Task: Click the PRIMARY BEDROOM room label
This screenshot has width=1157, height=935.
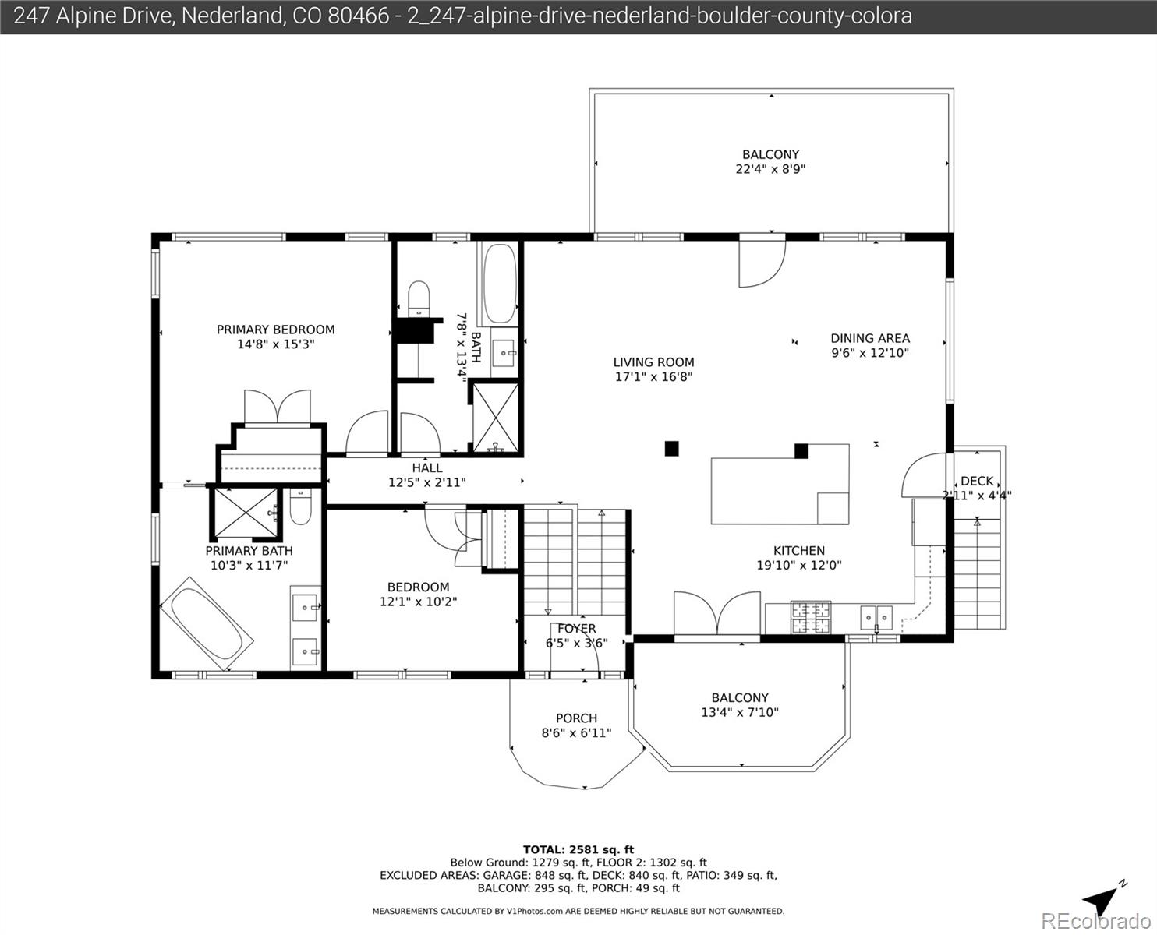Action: (x=275, y=330)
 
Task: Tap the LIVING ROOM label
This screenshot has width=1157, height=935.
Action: (x=653, y=362)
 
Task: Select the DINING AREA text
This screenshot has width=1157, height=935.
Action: (x=869, y=338)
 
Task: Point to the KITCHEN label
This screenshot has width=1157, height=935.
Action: (x=798, y=551)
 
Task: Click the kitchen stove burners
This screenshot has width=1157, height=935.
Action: (x=811, y=618)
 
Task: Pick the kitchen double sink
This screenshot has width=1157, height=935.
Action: (x=876, y=618)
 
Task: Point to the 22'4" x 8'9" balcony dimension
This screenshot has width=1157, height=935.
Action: (x=770, y=168)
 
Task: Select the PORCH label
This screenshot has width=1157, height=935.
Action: (x=576, y=718)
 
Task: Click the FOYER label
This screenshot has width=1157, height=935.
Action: (x=576, y=629)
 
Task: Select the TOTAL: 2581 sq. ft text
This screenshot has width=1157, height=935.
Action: (x=578, y=849)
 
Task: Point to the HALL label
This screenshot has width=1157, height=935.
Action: (x=426, y=467)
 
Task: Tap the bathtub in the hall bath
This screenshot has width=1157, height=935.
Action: (x=498, y=284)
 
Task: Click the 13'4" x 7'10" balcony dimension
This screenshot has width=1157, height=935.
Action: (x=739, y=712)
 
